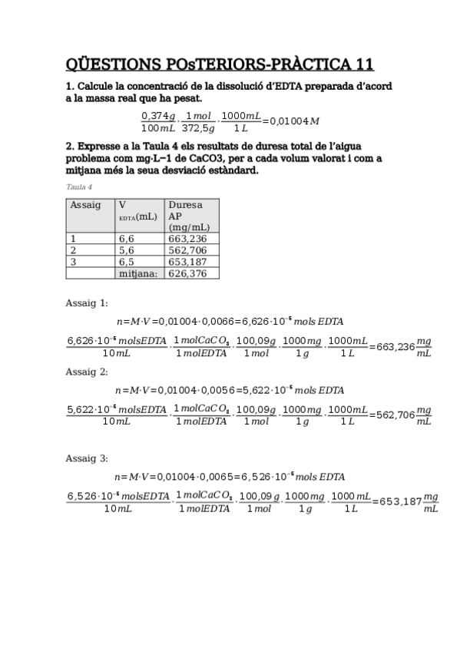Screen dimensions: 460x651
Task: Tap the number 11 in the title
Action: [362, 64]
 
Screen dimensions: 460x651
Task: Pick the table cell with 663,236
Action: [187, 239]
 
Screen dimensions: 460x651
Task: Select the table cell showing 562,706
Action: [187, 249]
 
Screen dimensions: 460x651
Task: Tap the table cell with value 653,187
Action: [187, 261]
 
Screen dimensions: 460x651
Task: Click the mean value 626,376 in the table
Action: [187, 273]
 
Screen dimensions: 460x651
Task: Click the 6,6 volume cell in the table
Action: [127, 239]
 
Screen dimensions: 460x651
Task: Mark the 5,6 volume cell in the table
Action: [127, 249]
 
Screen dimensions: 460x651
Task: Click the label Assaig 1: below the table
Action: [87, 302]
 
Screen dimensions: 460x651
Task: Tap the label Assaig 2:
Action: [87, 372]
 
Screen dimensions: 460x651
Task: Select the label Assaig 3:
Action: [87, 458]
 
